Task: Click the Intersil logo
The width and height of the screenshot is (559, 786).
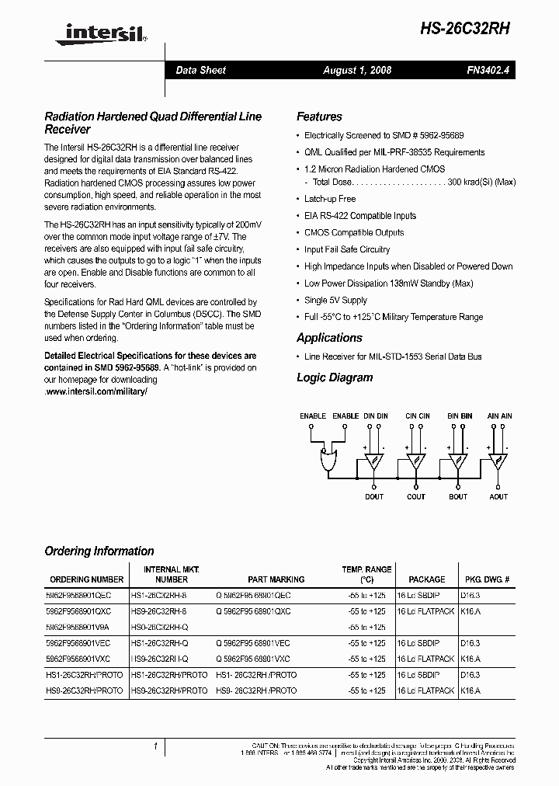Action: click(96, 32)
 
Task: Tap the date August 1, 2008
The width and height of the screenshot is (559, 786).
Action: click(357, 70)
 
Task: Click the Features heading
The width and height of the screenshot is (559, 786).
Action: click(319, 117)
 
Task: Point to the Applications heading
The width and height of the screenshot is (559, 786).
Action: click(329, 338)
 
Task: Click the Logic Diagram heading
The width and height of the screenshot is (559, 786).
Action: click(335, 377)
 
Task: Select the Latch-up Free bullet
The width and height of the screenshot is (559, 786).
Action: click(330, 199)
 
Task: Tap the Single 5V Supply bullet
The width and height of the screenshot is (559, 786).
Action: click(335, 300)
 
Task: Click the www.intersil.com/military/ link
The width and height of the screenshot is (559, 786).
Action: click(95, 391)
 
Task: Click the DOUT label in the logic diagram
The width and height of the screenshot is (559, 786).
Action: click(374, 497)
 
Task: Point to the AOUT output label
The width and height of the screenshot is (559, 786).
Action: click(498, 497)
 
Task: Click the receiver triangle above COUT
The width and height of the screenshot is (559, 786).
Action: click(416, 461)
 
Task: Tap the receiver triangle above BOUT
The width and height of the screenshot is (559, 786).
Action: click(458, 461)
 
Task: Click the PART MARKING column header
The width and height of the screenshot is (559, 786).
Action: click(276, 579)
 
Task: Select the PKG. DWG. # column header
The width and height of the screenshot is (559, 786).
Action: click(486, 579)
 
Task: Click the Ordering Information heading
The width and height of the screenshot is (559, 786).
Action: click(99, 551)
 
